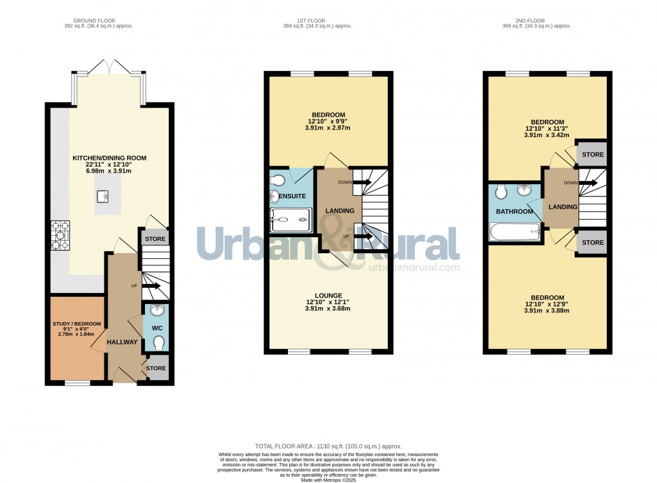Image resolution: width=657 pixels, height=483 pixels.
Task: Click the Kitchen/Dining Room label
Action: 110,158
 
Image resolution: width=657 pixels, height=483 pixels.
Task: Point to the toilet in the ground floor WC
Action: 158,342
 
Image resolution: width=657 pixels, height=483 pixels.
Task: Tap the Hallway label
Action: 122,342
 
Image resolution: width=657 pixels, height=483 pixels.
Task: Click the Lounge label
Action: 328,296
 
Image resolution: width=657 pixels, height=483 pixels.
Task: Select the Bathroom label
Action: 515,211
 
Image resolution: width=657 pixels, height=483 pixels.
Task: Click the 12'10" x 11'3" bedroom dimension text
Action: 547,129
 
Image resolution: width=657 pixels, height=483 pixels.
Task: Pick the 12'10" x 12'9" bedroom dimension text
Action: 547,304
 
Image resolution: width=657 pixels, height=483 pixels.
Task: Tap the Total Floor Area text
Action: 328,446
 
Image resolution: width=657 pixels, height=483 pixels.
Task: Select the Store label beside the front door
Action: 157,368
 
